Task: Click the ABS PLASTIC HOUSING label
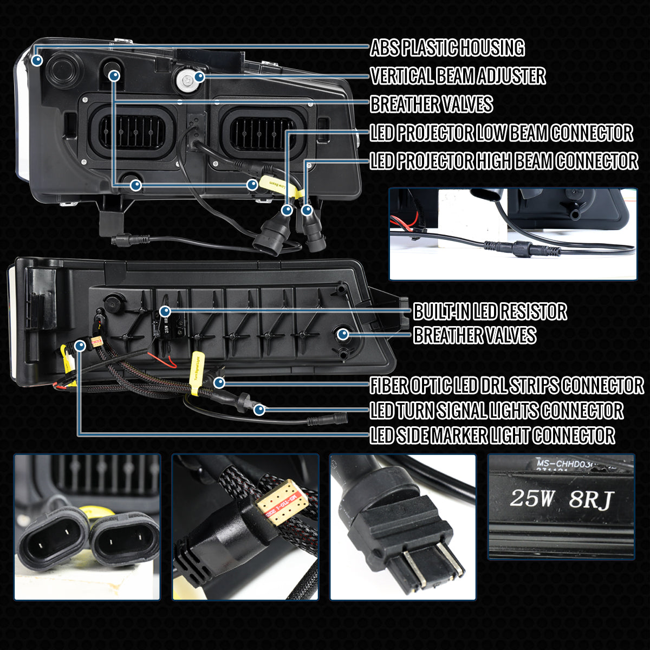pyautogui.click(x=447, y=48)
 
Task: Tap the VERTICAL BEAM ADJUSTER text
pyautogui.click(x=458, y=76)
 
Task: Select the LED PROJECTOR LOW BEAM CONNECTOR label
pyautogui.click(x=501, y=133)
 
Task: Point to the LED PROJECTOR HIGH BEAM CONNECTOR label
pyautogui.click(x=504, y=161)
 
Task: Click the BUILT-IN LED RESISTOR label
pyautogui.click(x=490, y=311)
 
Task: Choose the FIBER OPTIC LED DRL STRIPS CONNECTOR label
pyautogui.click(x=506, y=386)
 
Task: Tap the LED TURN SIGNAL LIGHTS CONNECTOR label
pyautogui.click(x=496, y=410)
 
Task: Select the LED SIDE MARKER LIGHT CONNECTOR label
pyautogui.click(x=492, y=435)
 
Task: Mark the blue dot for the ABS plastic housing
pyautogui.click(x=37, y=60)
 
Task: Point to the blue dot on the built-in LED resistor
pyautogui.click(x=165, y=311)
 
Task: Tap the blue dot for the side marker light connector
pyautogui.click(x=80, y=344)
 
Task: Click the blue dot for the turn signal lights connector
pyautogui.click(x=260, y=409)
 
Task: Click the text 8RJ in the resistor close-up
pyautogui.click(x=590, y=500)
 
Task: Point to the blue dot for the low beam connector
pyautogui.click(x=287, y=209)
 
